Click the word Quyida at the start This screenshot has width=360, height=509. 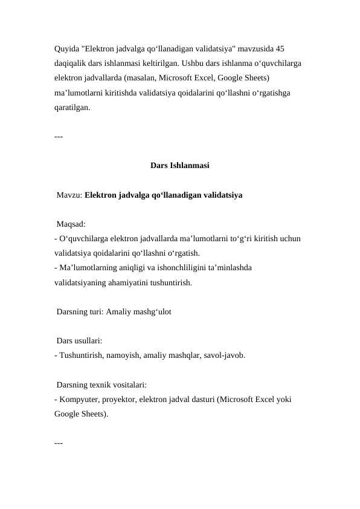coord(66,48)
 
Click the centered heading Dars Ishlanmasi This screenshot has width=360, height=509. coord(179,164)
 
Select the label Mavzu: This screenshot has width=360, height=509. coord(69,195)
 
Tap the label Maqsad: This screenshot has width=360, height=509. coord(71,225)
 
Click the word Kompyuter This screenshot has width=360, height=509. coord(77,400)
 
